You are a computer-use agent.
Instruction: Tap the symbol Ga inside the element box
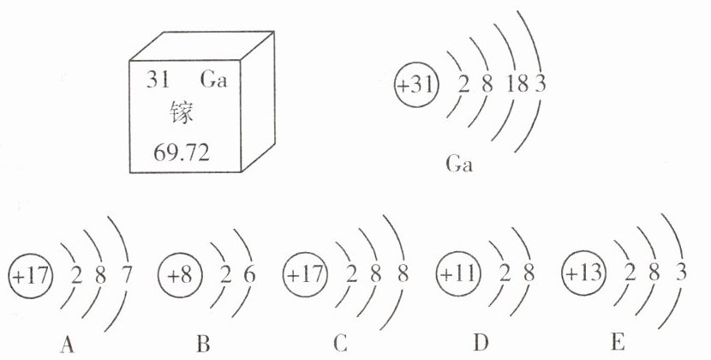[x=218, y=82]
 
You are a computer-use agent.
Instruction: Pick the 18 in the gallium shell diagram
[x=517, y=86]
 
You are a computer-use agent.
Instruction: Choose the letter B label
[x=203, y=345]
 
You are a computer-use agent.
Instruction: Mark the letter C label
[x=341, y=345]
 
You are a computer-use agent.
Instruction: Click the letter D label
[x=481, y=345]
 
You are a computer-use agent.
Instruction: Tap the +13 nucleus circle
[x=583, y=276]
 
